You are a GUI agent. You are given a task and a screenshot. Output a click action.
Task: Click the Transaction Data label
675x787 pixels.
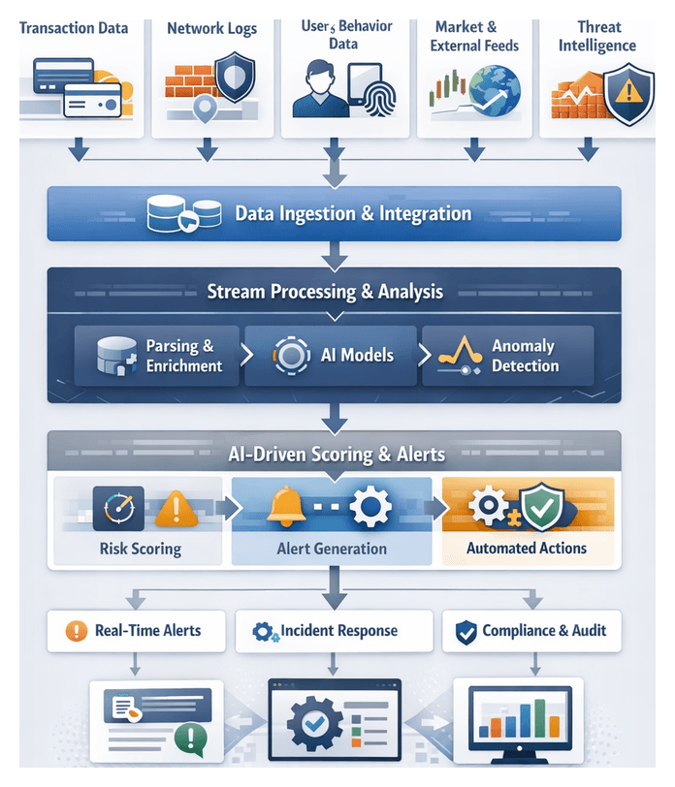[74, 28]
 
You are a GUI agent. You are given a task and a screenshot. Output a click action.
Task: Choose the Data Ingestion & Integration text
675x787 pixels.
[353, 213]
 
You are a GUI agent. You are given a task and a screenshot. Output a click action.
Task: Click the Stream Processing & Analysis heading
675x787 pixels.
[325, 291]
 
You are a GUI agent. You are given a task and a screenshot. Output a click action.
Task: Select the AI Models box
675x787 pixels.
[331, 355]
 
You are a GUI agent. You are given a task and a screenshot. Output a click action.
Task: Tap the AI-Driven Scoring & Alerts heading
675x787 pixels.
[337, 453]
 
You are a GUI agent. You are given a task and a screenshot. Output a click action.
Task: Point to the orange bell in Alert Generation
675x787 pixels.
[285, 506]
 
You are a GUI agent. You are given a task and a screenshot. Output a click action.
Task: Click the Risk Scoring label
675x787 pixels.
[140, 549]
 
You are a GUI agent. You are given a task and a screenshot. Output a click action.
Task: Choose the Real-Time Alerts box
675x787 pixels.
[136, 631]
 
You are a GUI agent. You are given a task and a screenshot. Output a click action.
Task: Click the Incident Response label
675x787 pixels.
[338, 631]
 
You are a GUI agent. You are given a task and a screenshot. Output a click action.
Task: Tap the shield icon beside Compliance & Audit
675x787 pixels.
[466, 632]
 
